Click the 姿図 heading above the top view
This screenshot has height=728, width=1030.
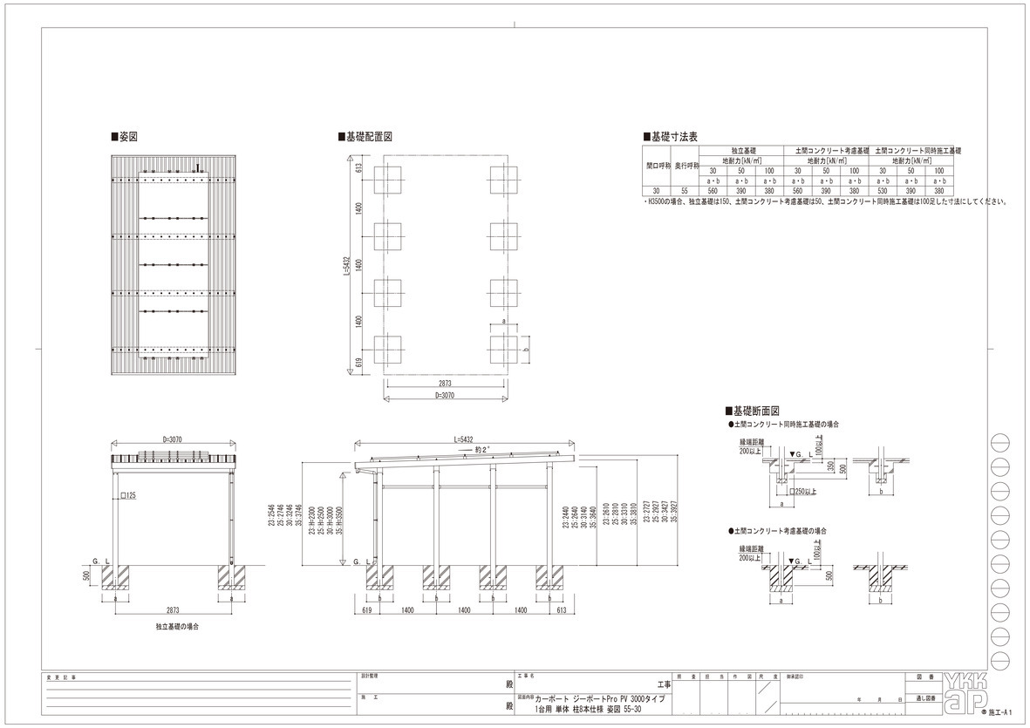pyautogui.click(x=127, y=137)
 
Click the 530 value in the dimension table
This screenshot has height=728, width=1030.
pyautogui.click(x=882, y=190)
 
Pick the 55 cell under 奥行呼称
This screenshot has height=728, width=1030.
pyautogui.click(x=685, y=190)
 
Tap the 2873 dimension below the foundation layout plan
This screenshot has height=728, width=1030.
pyautogui.click(x=444, y=383)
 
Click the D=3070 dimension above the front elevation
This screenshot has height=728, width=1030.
pyautogui.click(x=176, y=439)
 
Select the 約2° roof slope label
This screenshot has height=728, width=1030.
pyautogui.click(x=481, y=449)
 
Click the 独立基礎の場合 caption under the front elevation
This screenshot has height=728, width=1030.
pyautogui.click(x=177, y=627)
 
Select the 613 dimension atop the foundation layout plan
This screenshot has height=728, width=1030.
pyautogui.click(x=358, y=169)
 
